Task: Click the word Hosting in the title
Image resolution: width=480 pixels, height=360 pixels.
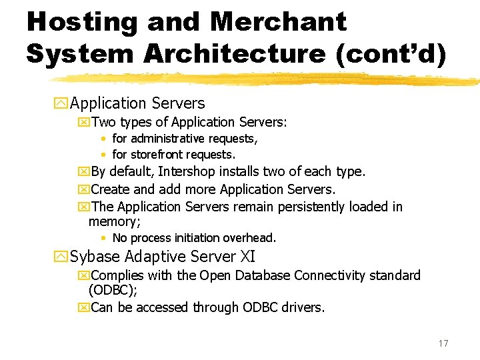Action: pyautogui.click(x=81, y=22)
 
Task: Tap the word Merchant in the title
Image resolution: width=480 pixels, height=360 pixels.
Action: pyautogui.click(x=278, y=22)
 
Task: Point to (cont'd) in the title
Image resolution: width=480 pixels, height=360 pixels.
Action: pyautogui.click(x=391, y=53)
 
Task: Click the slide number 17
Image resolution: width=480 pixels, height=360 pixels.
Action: pyautogui.click(x=443, y=343)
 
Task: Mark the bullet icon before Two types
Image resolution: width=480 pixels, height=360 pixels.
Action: pyautogui.click(x=83, y=123)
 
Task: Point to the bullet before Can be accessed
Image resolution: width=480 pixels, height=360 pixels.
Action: pyautogui.click(x=83, y=308)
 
